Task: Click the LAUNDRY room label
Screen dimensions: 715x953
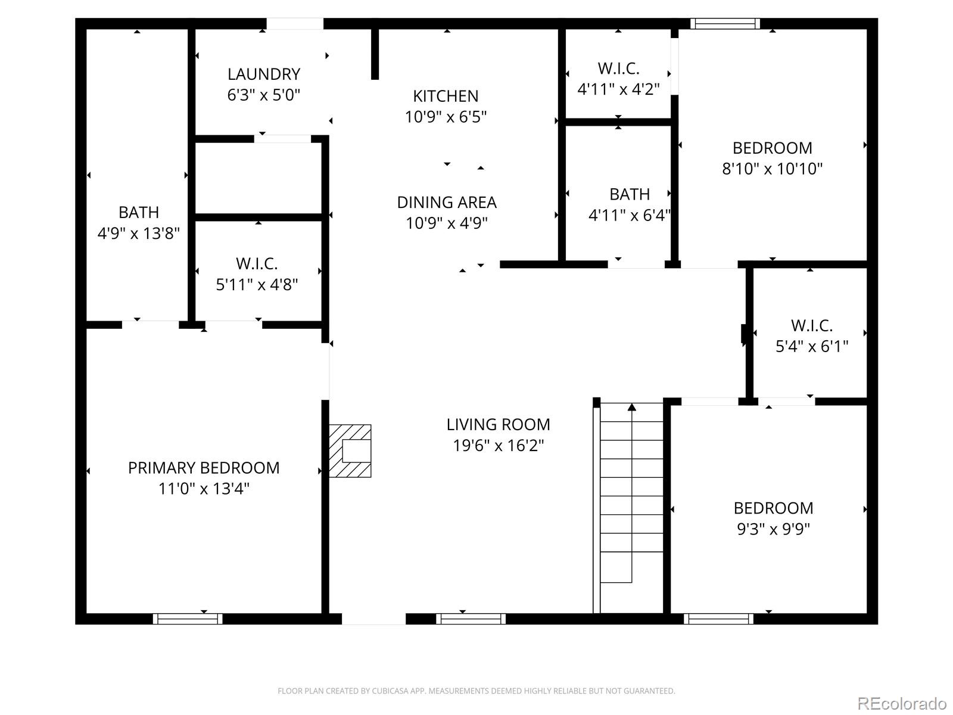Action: [263, 74]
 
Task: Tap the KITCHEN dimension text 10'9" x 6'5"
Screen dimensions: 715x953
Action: [446, 117]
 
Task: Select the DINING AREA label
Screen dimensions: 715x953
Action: [447, 203]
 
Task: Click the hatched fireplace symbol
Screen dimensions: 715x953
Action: [351, 451]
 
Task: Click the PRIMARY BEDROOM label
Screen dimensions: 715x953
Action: [204, 468]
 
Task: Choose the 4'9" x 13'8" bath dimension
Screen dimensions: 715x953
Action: [138, 234]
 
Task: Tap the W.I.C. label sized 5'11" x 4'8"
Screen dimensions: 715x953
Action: [257, 263]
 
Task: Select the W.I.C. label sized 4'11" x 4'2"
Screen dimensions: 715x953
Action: [618, 69]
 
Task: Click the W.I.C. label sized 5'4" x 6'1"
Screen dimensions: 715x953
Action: [811, 325]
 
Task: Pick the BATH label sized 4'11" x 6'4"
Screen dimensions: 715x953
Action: [629, 194]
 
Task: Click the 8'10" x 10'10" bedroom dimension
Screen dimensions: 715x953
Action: [772, 169]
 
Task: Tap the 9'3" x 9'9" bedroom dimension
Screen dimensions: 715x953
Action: [773, 529]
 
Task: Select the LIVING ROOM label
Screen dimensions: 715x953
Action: [498, 424]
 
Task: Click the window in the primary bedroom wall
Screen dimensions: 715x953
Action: [188, 619]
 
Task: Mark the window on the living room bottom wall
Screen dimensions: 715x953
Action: [471, 619]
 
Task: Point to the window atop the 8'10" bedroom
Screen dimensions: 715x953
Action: [725, 24]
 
